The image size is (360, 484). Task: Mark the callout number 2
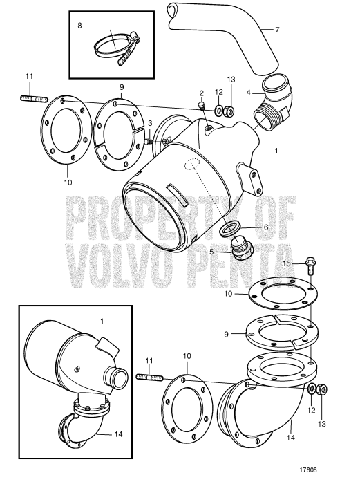[x=201, y=93]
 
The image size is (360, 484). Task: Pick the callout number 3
[x=149, y=122]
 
